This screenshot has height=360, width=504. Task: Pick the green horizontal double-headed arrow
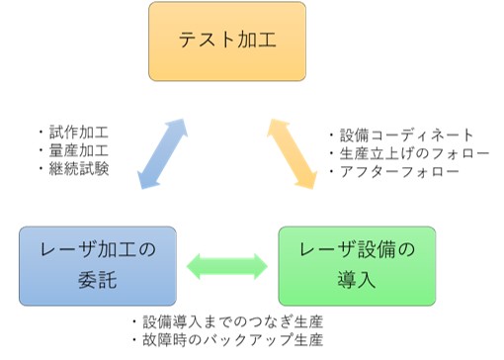pyautogui.click(x=228, y=265)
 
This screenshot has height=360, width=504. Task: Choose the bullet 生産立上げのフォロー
pyautogui.click(x=409, y=153)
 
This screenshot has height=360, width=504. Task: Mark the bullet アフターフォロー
pyautogui.click(x=394, y=171)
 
